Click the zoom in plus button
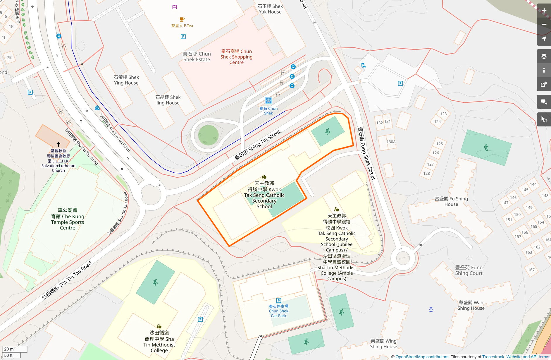[544, 11]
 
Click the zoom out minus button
[544, 25]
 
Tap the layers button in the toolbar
[544, 56]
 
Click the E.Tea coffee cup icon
[182, 19]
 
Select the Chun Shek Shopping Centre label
[236, 57]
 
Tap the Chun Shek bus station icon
[268, 101]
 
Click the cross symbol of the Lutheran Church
[58, 144]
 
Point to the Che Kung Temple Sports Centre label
[68, 219]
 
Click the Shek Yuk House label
[270, 9]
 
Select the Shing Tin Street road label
[257, 145]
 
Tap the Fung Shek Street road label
[366, 153]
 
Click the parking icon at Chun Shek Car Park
[279, 300]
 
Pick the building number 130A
[391, 142]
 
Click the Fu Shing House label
[451, 201]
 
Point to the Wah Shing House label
[471, 305]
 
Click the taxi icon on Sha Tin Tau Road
[97, 108]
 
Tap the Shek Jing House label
[168, 100]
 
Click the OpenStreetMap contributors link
[422, 357]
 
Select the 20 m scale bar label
[9, 349]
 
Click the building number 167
[531, 270]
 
